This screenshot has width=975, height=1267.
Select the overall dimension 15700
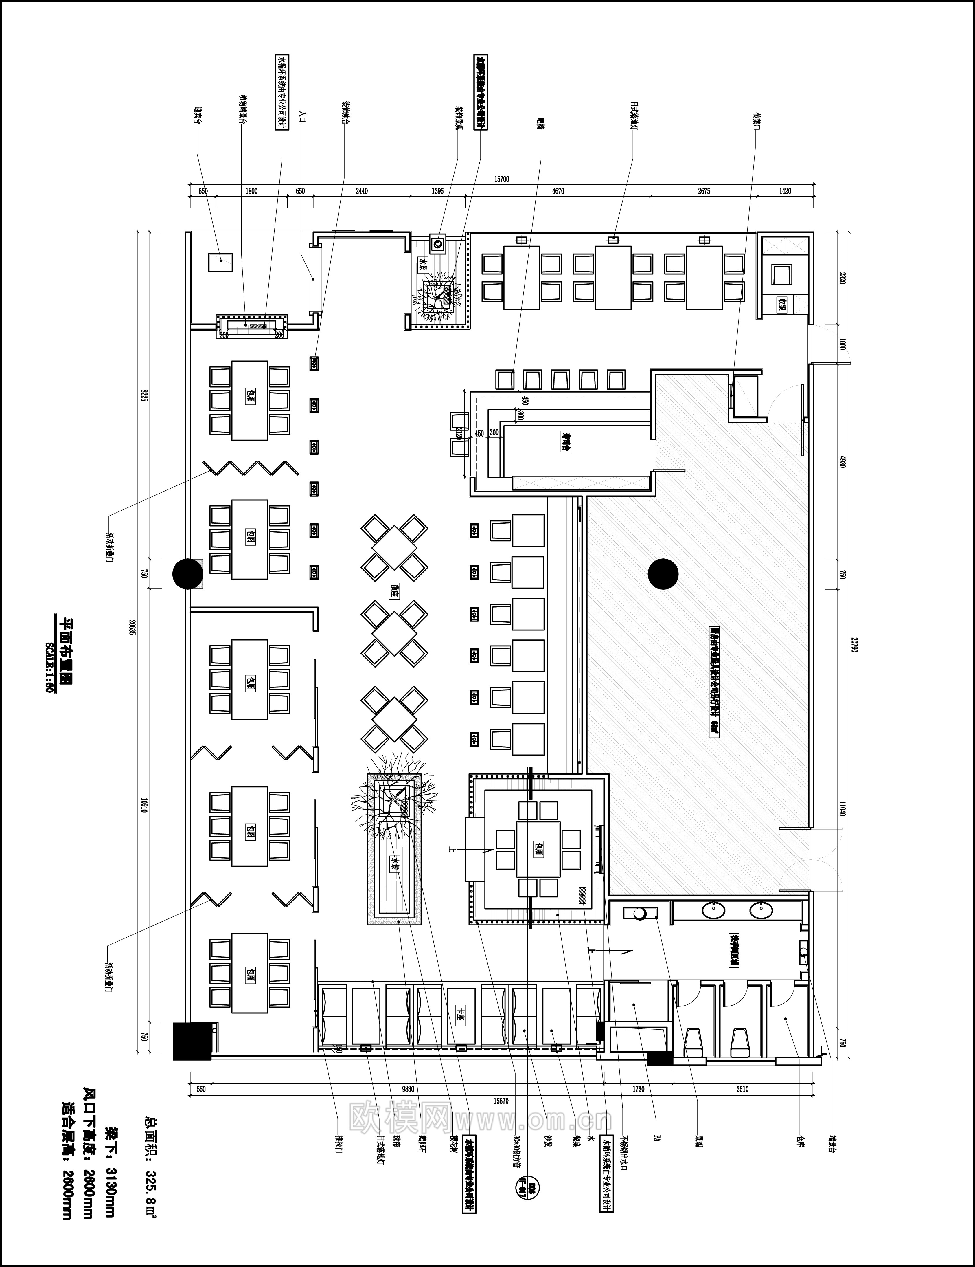[501, 179]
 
